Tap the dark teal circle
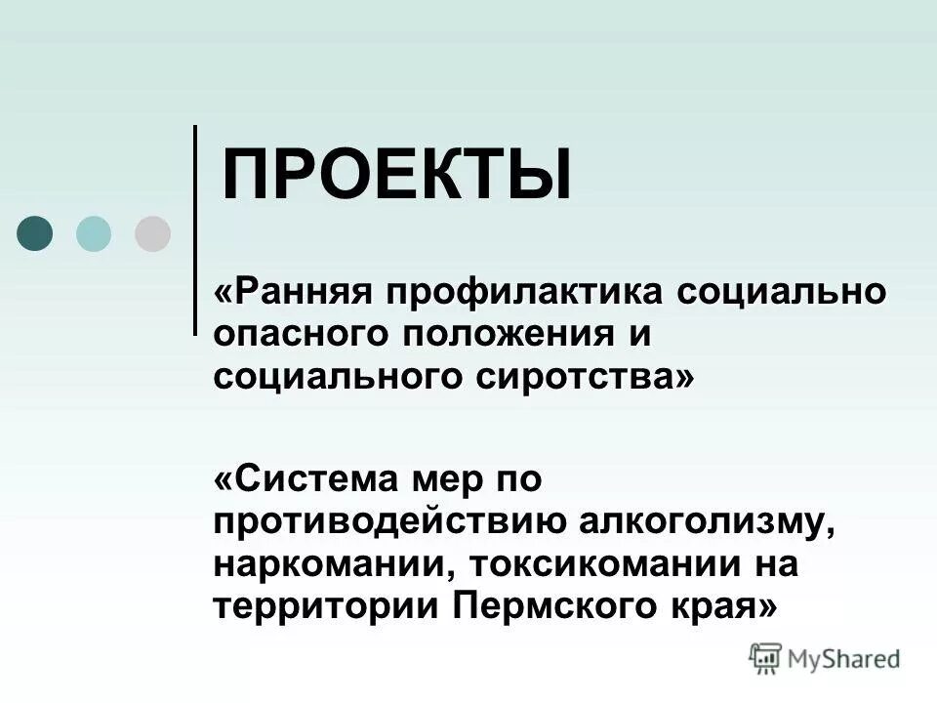pos(36,233)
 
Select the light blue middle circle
pos(94,233)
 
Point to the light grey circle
pos(152,233)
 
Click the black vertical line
pos(195,229)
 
